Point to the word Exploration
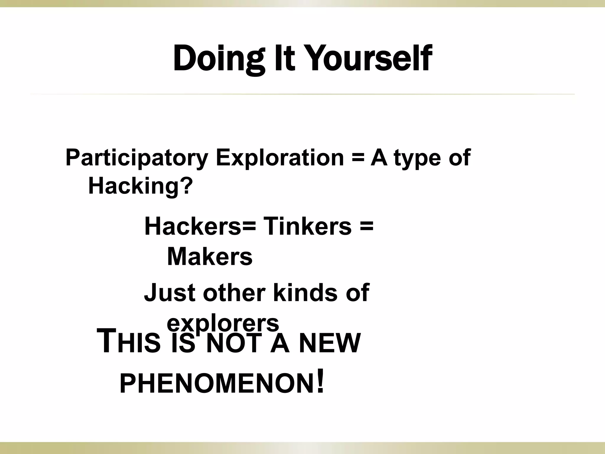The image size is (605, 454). coord(280,158)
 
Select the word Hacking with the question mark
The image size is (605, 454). coord(140,186)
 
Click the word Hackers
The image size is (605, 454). coord(193,226)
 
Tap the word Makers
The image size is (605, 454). coord(210,257)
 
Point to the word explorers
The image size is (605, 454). coord(223,323)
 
